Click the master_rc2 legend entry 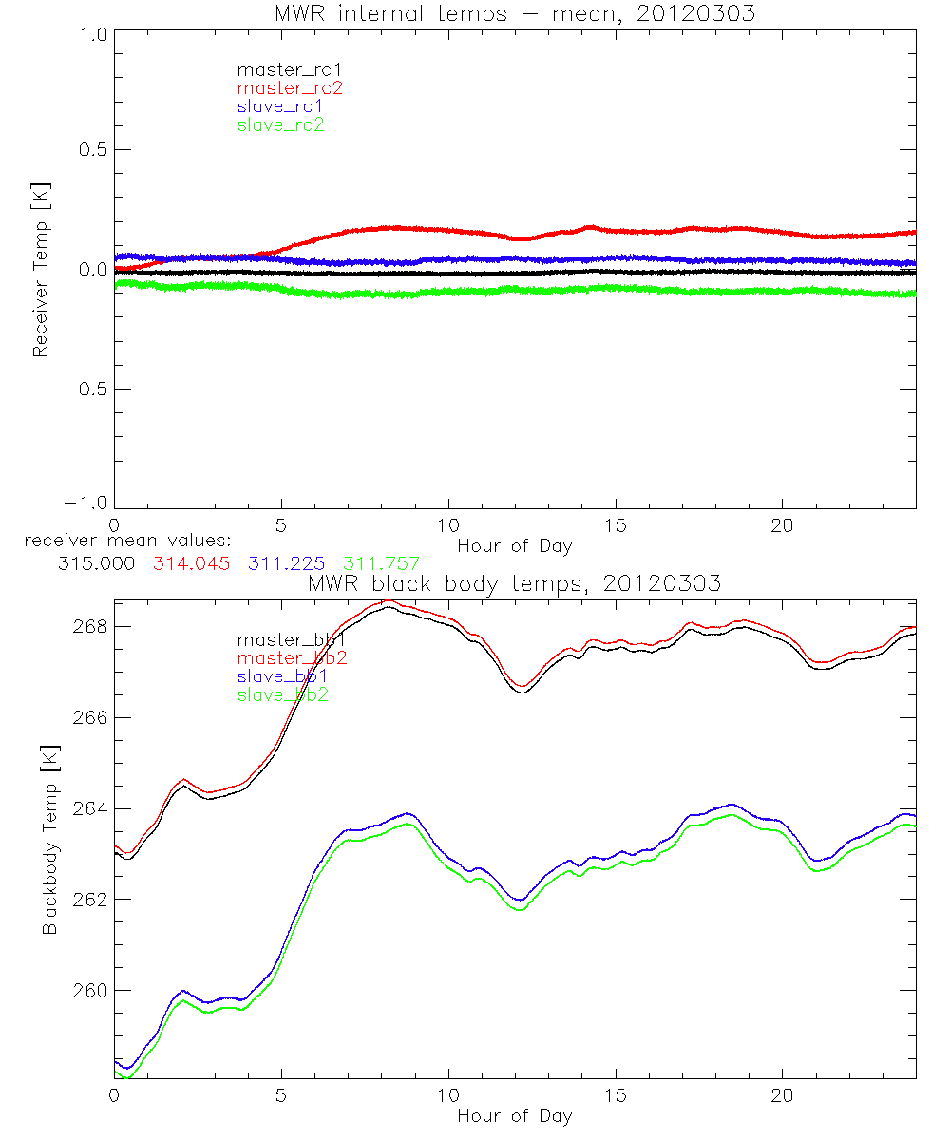point(290,87)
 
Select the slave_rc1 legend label point(280,105)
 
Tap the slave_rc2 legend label point(280,124)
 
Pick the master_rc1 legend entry point(290,69)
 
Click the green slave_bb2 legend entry point(284,695)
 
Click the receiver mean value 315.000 point(95,563)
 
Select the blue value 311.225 point(285,563)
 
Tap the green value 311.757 point(381,563)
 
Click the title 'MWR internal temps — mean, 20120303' point(514,13)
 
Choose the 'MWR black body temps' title point(514,583)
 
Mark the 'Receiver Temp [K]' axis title point(40,269)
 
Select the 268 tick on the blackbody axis point(90,626)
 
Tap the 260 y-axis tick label point(90,990)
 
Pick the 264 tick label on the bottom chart point(90,808)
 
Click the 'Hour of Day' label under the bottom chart point(514,1116)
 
